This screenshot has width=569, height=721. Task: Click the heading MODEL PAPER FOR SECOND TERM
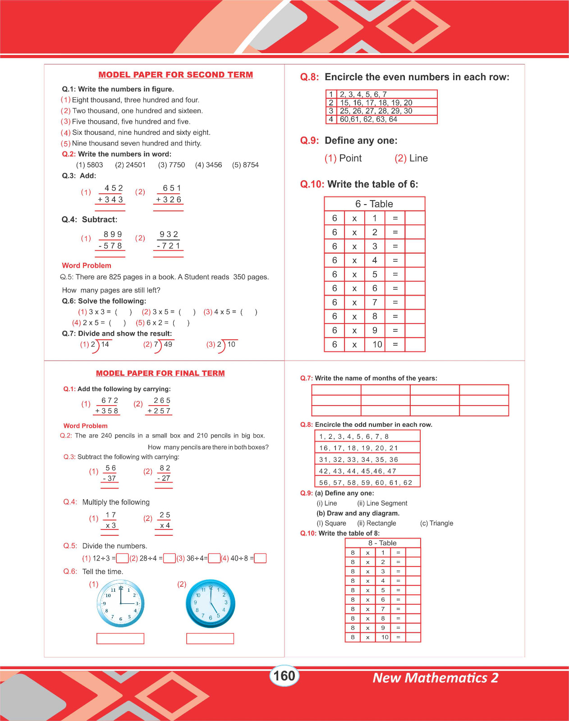[175, 75]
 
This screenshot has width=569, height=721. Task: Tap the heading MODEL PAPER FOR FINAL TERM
[160, 373]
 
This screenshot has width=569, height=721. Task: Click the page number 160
[284, 676]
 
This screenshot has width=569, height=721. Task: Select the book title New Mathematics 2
[435, 678]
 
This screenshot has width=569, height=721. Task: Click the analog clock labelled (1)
[120, 603]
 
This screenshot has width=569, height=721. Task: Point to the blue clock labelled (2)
[211, 603]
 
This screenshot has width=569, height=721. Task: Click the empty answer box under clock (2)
[210, 639]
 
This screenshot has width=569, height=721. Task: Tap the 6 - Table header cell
[374, 204]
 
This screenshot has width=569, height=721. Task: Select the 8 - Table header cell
[382, 543]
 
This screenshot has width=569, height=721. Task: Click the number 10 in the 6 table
[377, 345]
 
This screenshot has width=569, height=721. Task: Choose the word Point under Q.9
[350, 158]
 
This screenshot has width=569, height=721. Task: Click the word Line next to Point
[418, 158]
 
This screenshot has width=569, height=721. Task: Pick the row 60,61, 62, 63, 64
[368, 119]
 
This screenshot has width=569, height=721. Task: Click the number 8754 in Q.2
[250, 165]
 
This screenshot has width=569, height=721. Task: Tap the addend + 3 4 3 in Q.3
[110, 200]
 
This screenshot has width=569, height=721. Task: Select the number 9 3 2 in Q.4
[169, 234]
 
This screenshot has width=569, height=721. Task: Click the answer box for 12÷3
[122, 558]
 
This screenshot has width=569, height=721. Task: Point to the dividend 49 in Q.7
[168, 344]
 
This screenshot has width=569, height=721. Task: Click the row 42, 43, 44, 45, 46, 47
[358, 471]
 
